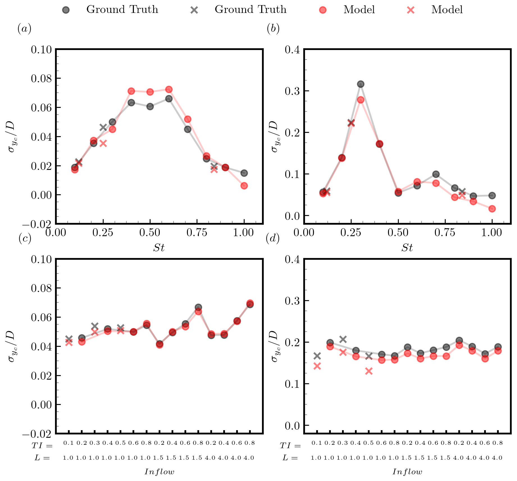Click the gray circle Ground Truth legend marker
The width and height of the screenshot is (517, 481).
click(66, 10)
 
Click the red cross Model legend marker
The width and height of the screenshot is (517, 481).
click(411, 10)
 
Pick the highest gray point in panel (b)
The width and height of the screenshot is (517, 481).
click(361, 84)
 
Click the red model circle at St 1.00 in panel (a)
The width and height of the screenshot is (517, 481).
click(244, 186)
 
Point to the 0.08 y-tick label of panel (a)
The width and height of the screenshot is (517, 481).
click(42, 78)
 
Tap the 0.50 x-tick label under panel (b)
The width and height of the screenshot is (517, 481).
click(398, 233)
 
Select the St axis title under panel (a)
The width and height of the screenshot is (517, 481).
click(159, 248)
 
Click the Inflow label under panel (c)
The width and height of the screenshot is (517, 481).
click(160, 472)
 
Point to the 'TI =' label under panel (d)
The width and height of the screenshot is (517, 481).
click(290, 446)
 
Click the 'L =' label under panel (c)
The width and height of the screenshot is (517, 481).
click(42, 458)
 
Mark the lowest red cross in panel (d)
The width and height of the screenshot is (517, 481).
click(369, 371)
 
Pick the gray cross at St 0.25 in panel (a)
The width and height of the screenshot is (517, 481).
click(103, 127)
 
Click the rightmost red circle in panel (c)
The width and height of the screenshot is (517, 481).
click(250, 303)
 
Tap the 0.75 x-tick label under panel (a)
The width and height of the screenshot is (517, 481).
click(197, 233)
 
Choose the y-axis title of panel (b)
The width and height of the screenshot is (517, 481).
click(274, 136)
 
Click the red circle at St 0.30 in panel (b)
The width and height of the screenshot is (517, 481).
click(361, 100)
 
